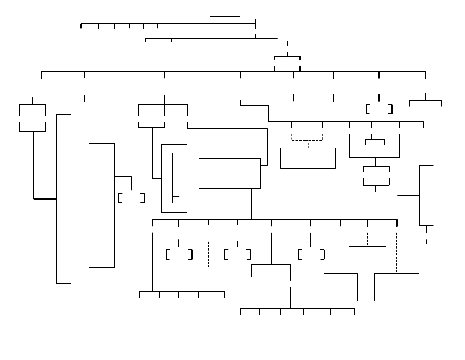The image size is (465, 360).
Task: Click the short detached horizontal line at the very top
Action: [225, 16]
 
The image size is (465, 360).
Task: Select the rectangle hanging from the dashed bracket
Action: [308, 158]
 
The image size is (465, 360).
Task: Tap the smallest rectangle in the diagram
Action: [208, 276]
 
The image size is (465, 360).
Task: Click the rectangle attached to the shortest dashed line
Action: [367, 257]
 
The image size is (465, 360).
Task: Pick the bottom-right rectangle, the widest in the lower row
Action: [397, 287]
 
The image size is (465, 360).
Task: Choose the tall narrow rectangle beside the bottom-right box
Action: [341, 287]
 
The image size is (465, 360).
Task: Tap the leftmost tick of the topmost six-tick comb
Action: [81, 26]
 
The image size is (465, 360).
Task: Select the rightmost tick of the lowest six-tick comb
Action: [354, 311]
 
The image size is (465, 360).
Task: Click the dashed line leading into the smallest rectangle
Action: [208, 254]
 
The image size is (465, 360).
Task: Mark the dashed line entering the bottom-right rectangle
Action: [397, 253]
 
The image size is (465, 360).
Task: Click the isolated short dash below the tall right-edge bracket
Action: [426, 241]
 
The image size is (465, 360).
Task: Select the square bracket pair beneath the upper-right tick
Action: [379, 109]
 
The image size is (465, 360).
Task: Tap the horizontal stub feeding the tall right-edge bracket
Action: [408, 195]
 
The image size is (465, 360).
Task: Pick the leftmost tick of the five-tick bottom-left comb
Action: [139, 294]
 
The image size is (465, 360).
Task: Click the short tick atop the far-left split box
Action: [33, 101]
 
